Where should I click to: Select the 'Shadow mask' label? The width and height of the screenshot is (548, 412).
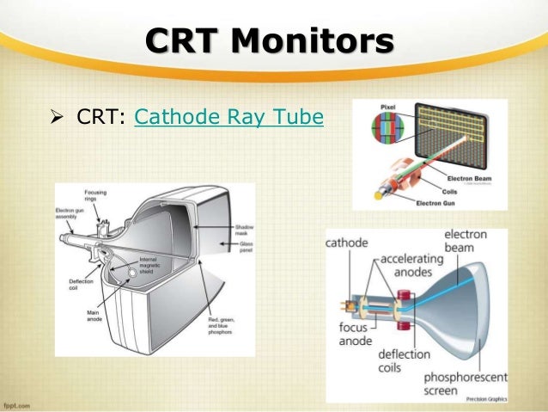[x=245, y=231]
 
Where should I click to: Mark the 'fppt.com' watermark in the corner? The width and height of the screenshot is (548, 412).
[x=19, y=403]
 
